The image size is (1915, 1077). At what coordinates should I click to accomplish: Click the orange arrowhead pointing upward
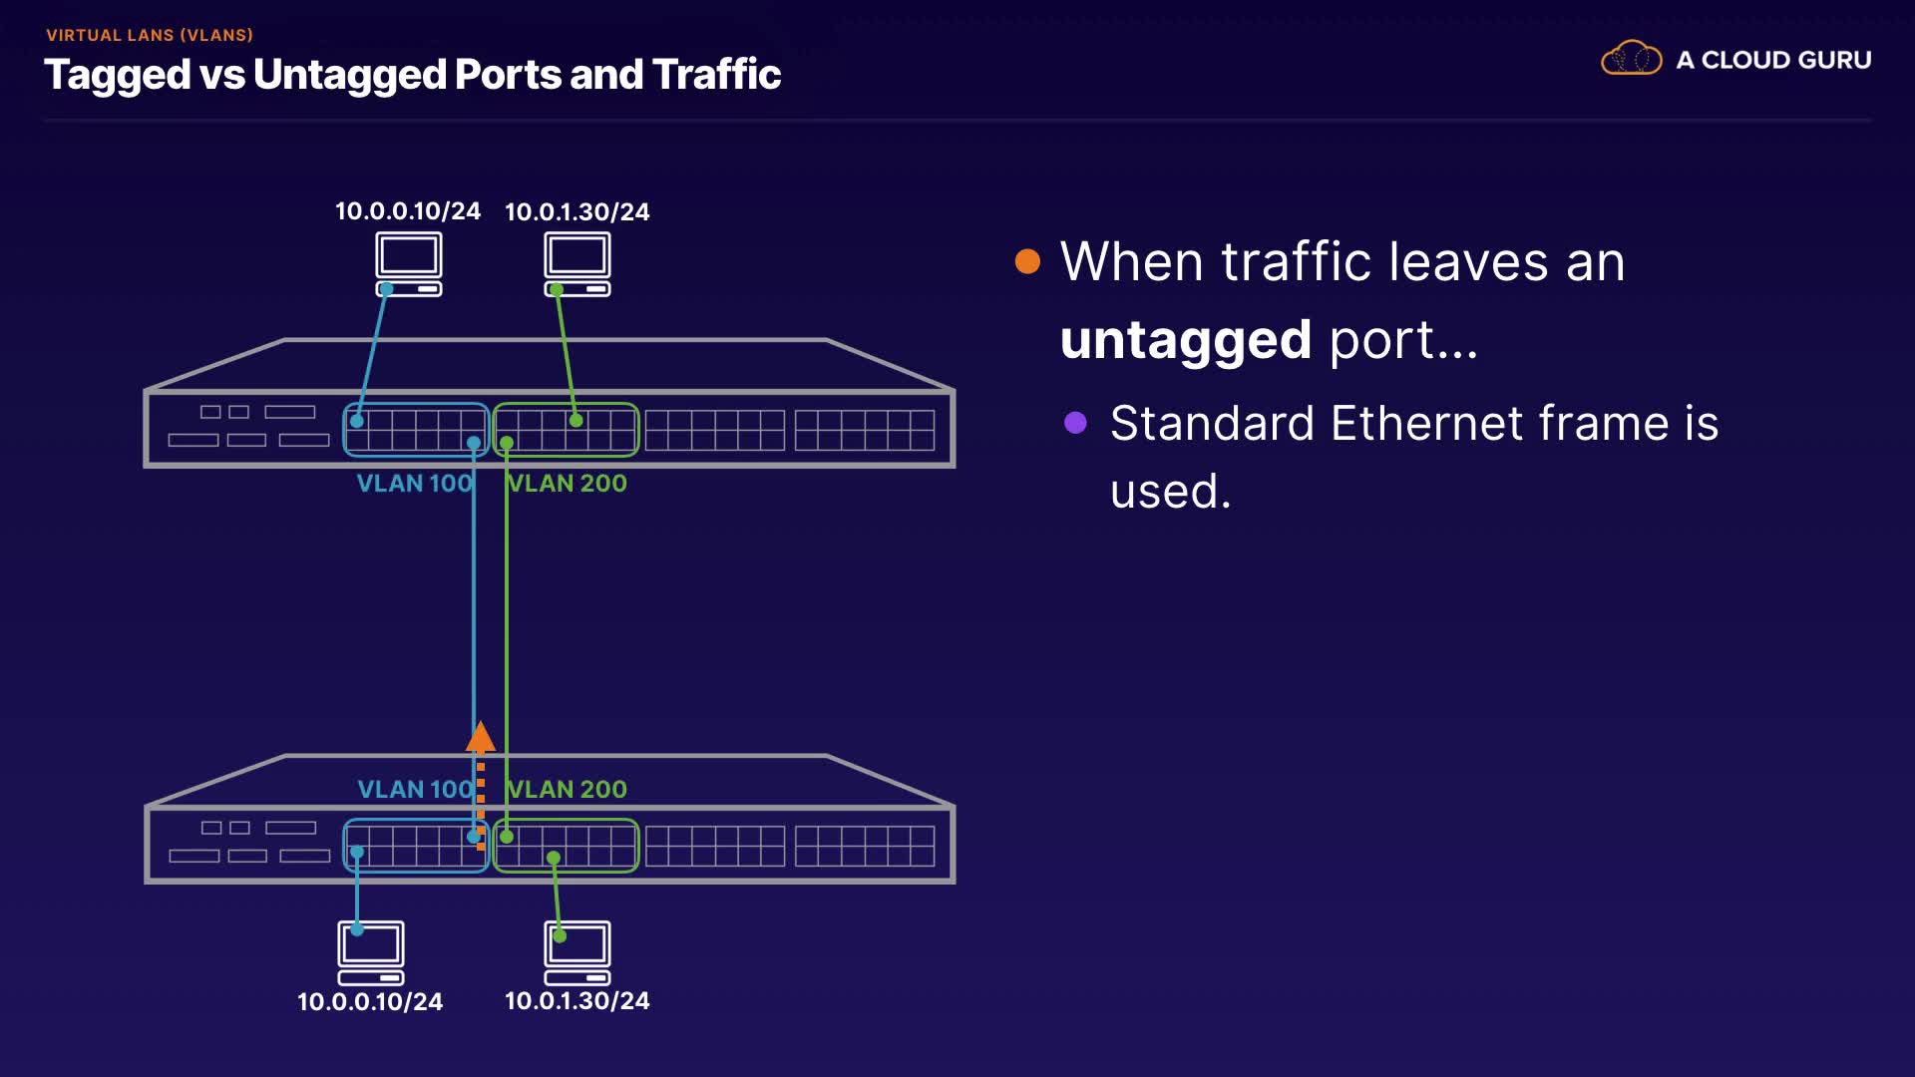(481, 738)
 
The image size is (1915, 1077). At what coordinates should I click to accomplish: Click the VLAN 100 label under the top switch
(414, 484)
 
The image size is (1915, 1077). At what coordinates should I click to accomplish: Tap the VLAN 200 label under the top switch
(568, 484)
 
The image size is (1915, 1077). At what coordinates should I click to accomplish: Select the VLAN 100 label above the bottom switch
(415, 790)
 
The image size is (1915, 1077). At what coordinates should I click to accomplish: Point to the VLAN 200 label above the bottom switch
(568, 790)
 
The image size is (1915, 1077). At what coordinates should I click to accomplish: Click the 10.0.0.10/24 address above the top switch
(408, 211)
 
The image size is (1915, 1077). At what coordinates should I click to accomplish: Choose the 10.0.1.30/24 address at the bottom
(577, 1001)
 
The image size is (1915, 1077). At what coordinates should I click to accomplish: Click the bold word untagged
(1185, 341)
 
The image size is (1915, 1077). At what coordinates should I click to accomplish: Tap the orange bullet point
(1027, 261)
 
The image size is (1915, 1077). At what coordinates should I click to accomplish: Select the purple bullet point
(1075, 423)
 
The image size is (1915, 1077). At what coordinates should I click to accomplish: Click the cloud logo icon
(1631, 59)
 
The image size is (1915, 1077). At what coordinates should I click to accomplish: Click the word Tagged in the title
(118, 76)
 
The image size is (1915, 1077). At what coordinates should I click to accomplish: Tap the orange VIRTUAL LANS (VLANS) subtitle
(150, 35)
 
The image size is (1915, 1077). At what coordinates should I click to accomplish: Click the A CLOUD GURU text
(1773, 60)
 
